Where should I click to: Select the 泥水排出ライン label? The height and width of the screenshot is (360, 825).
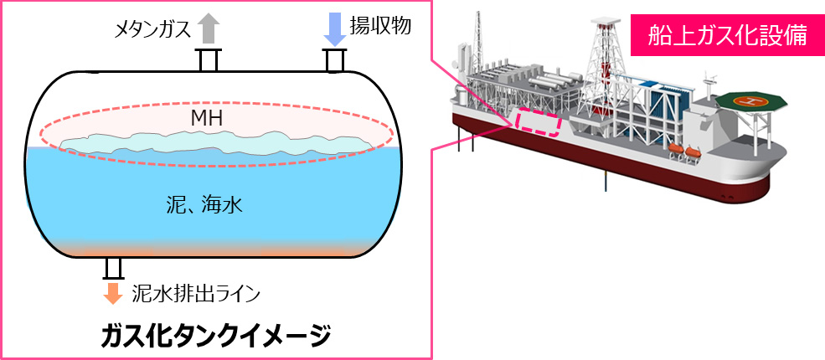tap(197, 293)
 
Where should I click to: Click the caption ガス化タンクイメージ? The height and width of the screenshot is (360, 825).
tap(215, 334)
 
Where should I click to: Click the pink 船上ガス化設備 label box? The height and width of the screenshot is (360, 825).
tap(725, 34)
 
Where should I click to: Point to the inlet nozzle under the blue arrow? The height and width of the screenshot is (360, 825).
tap(334, 60)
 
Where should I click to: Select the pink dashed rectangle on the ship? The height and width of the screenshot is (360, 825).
tap(537, 122)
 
